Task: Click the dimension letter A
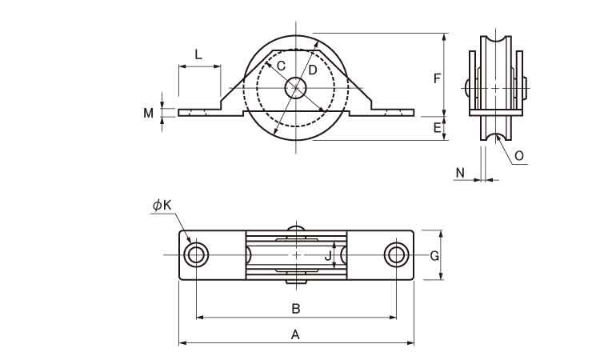[x=295, y=334]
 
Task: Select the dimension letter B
[x=296, y=308]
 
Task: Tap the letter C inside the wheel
[x=281, y=66]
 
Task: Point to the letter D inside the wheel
[x=313, y=70]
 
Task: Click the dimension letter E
[x=437, y=128]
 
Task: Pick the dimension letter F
[x=437, y=78]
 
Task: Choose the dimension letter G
[x=434, y=256]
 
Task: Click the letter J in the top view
[x=327, y=256]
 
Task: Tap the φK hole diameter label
[x=162, y=206]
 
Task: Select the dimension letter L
[x=198, y=54]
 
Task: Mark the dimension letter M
[x=149, y=113]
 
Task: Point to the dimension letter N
[x=460, y=173]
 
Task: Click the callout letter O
[x=519, y=156]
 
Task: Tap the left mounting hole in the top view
[x=196, y=254]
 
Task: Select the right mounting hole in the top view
[x=397, y=254]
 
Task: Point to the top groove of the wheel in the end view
[x=496, y=40]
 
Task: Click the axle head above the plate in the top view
[x=296, y=228]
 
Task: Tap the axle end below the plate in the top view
[x=296, y=282]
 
